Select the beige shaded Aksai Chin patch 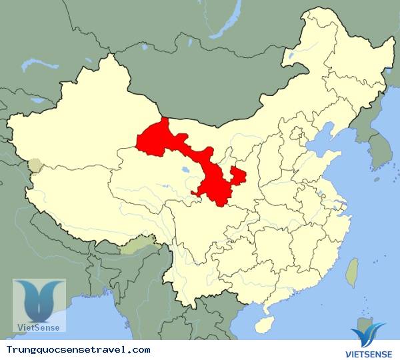tap(34, 164)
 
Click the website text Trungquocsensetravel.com tap(78, 349)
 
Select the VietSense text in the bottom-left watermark tap(39, 327)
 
